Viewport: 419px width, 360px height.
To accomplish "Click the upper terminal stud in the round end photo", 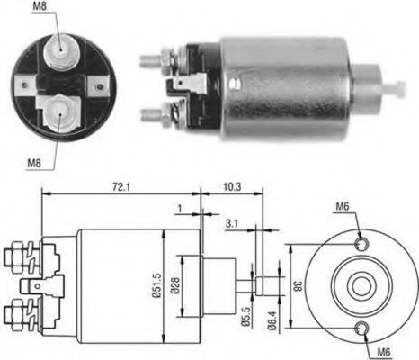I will click(61, 51).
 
